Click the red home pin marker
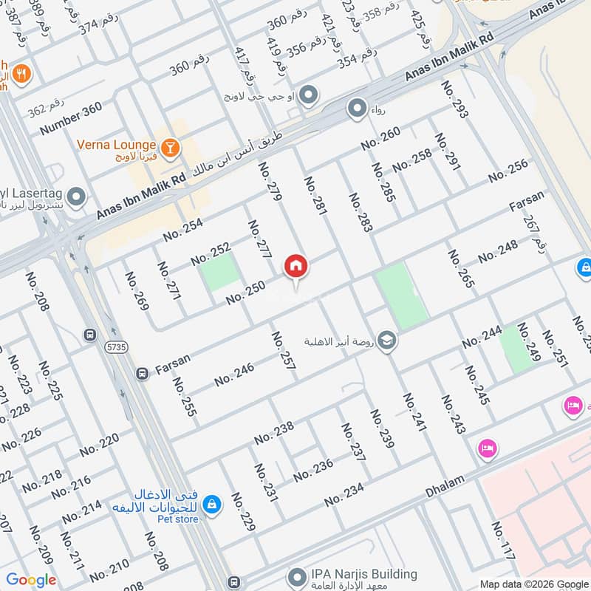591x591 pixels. point(296,267)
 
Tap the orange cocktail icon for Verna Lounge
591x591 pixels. point(171,147)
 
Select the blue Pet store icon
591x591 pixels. point(211,503)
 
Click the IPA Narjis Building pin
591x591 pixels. point(297,575)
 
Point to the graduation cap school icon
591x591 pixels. point(386,341)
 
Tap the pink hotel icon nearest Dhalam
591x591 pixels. point(486,448)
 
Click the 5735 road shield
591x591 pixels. point(115,346)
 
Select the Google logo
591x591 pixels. point(31,580)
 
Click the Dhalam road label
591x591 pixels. point(445,482)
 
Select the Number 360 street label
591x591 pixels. point(71,119)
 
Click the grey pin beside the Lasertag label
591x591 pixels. point(77,198)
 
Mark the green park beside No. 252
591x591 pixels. point(220,271)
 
